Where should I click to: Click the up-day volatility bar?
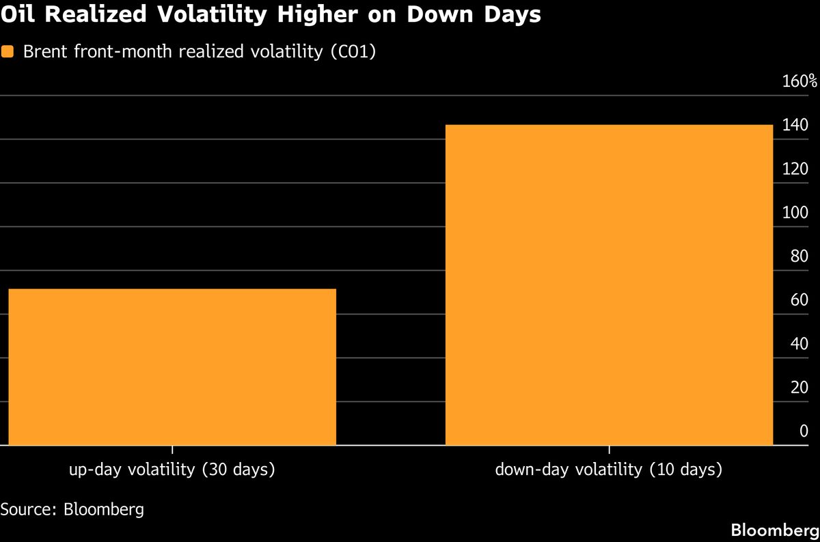click(x=172, y=366)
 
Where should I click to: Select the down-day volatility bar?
click(x=609, y=284)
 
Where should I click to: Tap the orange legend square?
click(x=8, y=52)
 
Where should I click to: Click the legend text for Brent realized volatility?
click(x=198, y=53)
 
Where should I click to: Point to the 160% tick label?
click(x=799, y=82)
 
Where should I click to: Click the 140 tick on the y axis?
click(x=795, y=126)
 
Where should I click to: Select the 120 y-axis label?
click(x=795, y=170)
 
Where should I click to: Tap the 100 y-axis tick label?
click(x=795, y=213)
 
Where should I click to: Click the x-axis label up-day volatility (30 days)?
click(x=172, y=470)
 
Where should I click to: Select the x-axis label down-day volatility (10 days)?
click(x=608, y=470)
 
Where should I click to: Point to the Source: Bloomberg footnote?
click(x=72, y=509)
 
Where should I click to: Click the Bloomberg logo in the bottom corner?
click(x=774, y=530)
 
